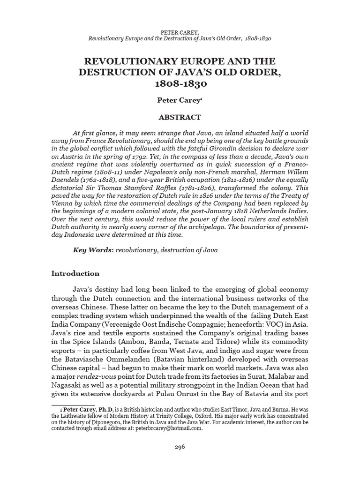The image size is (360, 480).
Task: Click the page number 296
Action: tap(180, 447)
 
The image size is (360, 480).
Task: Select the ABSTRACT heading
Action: tap(180, 117)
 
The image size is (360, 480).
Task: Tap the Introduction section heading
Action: tap(75, 273)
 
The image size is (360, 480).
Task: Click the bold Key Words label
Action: tap(92, 250)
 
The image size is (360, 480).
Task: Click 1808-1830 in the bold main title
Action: tap(180, 85)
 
